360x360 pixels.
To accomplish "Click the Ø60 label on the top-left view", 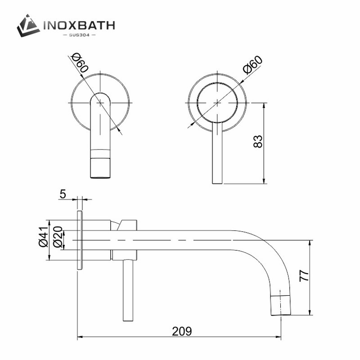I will tap(79, 65).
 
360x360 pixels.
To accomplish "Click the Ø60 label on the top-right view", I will tap(252, 66).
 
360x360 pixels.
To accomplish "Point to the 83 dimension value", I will tap(257, 141).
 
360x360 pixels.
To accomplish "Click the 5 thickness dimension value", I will tap(63, 194).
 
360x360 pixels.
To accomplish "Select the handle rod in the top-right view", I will tap(217, 155).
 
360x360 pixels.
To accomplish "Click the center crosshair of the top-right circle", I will tap(217, 103).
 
